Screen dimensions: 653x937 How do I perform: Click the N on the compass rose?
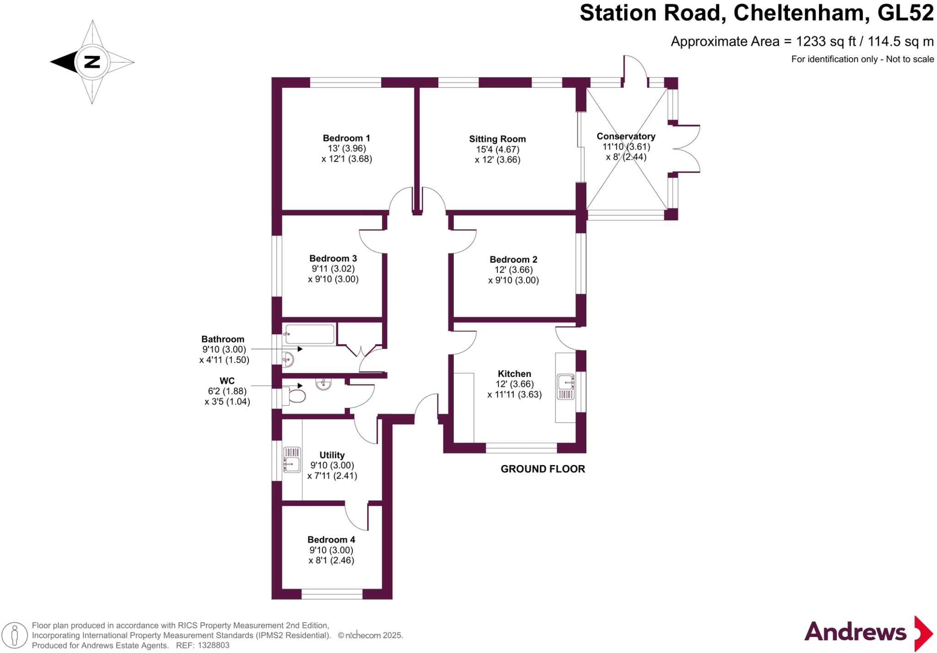tap(92, 62)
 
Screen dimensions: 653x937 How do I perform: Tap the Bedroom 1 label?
tap(346, 138)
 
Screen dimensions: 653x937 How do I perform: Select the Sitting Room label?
tap(497, 139)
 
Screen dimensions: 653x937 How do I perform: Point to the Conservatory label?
tap(626, 136)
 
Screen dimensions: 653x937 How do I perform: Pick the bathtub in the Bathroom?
tap(309, 334)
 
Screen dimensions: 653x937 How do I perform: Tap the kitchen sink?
tap(566, 387)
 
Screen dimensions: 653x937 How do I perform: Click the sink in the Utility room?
tap(292, 459)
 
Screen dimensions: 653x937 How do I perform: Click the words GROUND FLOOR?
tap(543, 469)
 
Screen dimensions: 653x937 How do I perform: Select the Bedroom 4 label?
tap(331, 540)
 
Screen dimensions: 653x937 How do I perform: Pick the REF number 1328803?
tap(213, 646)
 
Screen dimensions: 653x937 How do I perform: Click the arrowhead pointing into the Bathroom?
tap(300, 349)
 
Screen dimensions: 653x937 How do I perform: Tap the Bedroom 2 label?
tap(513, 259)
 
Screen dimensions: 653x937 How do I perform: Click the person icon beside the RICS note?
tap(15, 636)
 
